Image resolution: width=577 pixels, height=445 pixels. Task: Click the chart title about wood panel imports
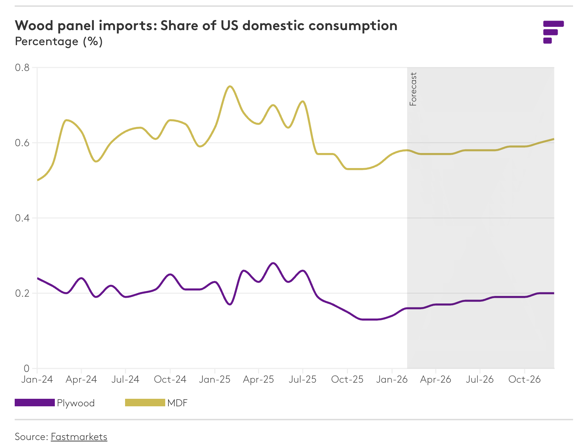click(x=206, y=26)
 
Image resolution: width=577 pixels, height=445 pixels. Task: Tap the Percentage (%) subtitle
click(x=59, y=42)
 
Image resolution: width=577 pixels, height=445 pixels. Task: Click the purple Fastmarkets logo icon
click(x=553, y=32)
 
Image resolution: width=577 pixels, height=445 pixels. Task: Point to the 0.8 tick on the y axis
click(x=22, y=67)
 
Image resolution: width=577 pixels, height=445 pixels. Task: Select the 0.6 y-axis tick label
click(x=22, y=143)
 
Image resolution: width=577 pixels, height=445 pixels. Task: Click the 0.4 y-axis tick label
click(x=22, y=218)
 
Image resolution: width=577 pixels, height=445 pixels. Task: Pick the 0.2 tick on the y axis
click(x=22, y=293)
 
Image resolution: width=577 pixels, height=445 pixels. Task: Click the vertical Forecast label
click(x=413, y=89)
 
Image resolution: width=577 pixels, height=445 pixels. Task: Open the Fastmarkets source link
click(x=79, y=437)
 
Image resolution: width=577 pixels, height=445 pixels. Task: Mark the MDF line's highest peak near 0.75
click(x=230, y=86)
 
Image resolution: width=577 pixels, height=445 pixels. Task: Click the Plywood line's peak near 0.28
click(x=273, y=263)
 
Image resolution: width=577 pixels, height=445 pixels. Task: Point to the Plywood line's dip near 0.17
click(x=230, y=305)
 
